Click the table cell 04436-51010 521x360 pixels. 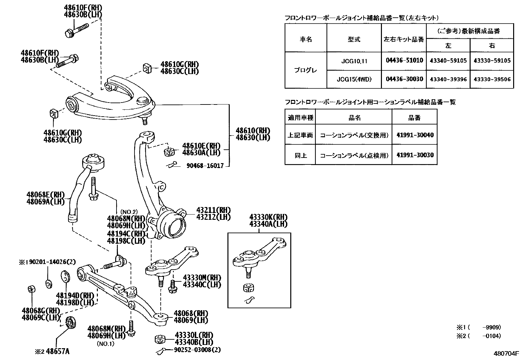tap(404, 61)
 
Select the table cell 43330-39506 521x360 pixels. tap(492, 79)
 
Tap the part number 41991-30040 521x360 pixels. tap(415, 135)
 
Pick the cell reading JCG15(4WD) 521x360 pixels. tap(354, 79)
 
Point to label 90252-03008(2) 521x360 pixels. tap(197, 350)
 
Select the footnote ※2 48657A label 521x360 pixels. tap(52, 352)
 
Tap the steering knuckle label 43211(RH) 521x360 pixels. tap(213, 210)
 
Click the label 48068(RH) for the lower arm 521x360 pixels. tap(191, 313)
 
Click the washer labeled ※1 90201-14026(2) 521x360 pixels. tap(49, 283)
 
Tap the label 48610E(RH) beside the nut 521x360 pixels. tap(201, 146)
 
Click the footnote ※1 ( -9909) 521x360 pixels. tap(479, 327)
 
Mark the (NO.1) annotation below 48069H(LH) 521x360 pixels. tap(105, 344)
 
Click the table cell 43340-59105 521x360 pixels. tap(448, 61)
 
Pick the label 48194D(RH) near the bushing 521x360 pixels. tap(75, 295)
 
